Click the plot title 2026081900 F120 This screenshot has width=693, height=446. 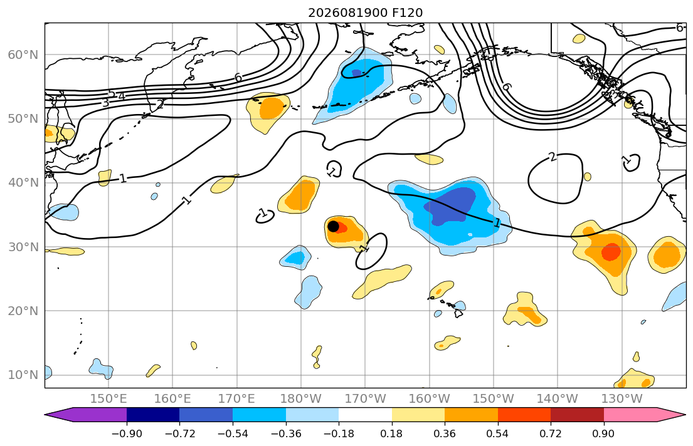click(365, 13)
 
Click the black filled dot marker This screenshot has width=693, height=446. click(333, 226)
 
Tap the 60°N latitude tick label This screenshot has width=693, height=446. click(23, 54)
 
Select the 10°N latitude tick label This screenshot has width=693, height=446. click(23, 375)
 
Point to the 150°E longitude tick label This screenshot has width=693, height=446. click(108, 399)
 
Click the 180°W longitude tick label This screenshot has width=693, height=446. click(301, 399)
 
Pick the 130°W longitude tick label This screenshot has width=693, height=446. click(622, 399)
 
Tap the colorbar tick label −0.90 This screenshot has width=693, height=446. click(127, 433)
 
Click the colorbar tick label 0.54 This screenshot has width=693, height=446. click(498, 433)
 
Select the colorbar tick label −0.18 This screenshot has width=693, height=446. click(339, 433)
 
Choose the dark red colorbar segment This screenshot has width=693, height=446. click(577, 415)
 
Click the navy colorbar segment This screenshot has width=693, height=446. click(153, 415)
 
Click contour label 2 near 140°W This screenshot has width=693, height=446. click(553, 157)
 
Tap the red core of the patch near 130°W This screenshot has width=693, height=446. click(611, 251)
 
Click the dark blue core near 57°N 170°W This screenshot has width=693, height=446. click(356, 73)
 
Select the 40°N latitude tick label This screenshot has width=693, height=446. click(23, 183)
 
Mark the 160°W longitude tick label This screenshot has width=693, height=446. click(429, 399)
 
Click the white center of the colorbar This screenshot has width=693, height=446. click(365, 415)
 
